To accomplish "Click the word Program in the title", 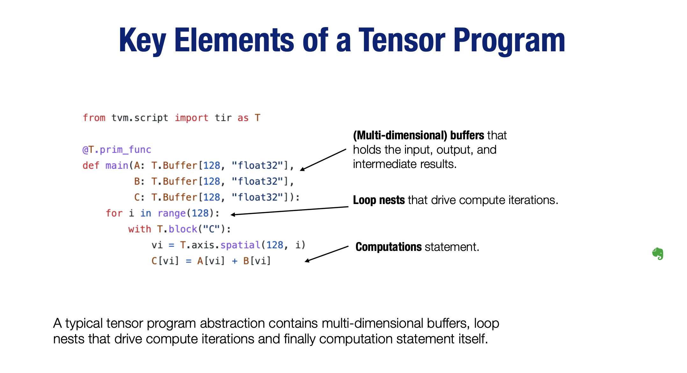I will click(x=509, y=41).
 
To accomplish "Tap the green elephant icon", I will click(x=658, y=254).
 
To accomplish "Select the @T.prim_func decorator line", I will click(x=117, y=150).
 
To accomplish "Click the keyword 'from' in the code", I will click(x=94, y=118).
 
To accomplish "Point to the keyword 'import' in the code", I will click(x=191, y=118).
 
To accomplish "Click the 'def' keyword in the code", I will click(x=91, y=165).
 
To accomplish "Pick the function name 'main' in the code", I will click(x=117, y=165).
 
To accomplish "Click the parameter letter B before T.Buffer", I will click(x=137, y=181).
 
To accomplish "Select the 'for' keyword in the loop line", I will click(x=114, y=213).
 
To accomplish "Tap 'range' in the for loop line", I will click(x=171, y=213).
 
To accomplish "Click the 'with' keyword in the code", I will click(x=140, y=229).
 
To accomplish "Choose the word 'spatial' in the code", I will click(x=240, y=245).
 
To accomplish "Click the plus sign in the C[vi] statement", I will click(x=235, y=261).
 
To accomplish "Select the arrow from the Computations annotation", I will click(x=326, y=254).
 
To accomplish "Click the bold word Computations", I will click(x=388, y=247).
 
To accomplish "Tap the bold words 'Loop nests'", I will click(x=379, y=200).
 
